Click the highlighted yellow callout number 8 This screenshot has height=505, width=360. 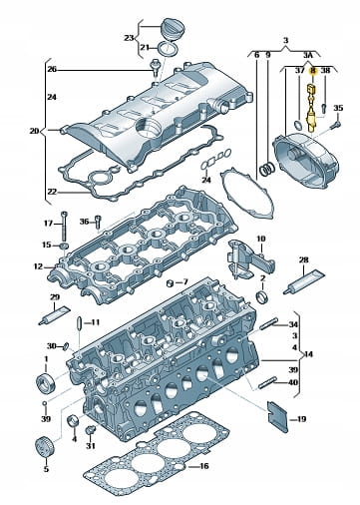coord(313,71)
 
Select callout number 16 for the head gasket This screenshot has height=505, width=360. coord(203,466)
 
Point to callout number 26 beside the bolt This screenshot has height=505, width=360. coord(52,70)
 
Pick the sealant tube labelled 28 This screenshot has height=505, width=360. coord(304,281)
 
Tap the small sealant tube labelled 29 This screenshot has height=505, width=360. coord(54,315)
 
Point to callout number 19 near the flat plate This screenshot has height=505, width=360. coord(301,419)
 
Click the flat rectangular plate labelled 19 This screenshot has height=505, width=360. coord(277,417)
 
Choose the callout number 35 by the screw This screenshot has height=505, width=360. coord(338,108)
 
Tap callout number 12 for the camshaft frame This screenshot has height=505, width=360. coord(38,266)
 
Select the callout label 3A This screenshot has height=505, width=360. coord(308,55)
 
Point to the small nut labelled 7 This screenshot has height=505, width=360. coord(171,283)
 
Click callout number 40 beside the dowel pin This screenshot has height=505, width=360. coord(293,382)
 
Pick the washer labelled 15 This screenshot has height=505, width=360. coord(64,247)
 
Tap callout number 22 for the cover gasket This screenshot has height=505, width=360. coord(52,192)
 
